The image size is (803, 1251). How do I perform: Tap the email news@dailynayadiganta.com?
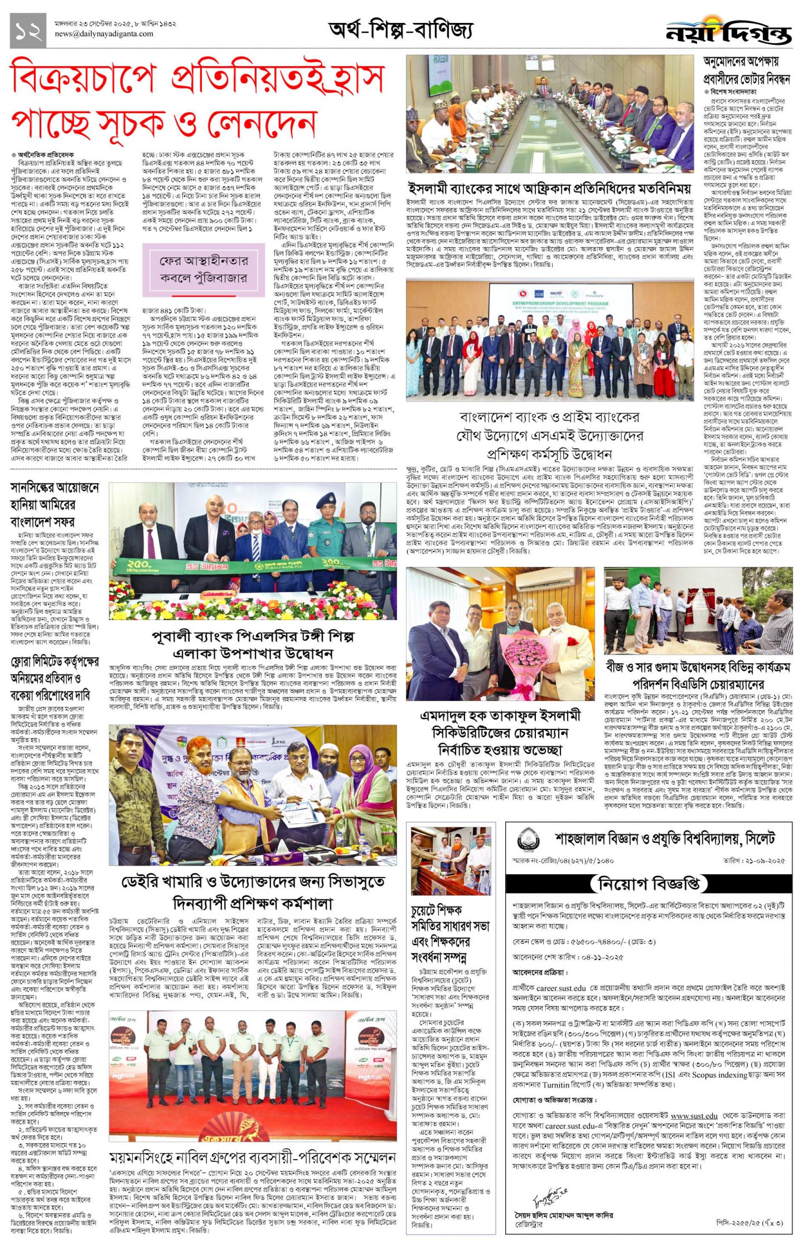coord(104,35)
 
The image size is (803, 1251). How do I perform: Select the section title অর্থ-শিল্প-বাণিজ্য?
coord(400,31)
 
